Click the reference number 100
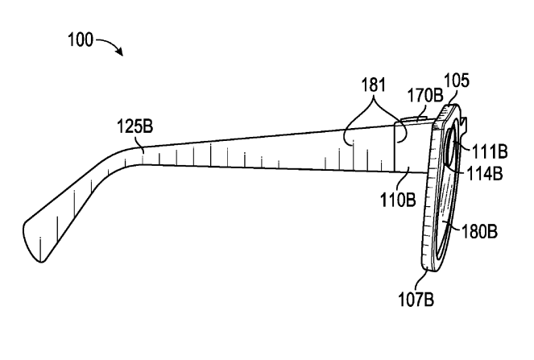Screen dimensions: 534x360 (x=81, y=39)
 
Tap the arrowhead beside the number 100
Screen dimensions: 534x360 (x=119, y=52)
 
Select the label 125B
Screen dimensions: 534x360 (x=135, y=126)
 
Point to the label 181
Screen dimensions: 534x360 (x=374, y=85)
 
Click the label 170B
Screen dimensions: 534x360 (x=425, y=95)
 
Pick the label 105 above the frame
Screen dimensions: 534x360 (x=457, y=81)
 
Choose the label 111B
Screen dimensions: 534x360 (x=490, y=151)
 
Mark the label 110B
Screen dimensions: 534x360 (x=398, y=200)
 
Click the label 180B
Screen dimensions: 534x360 (x=479, y=231)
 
